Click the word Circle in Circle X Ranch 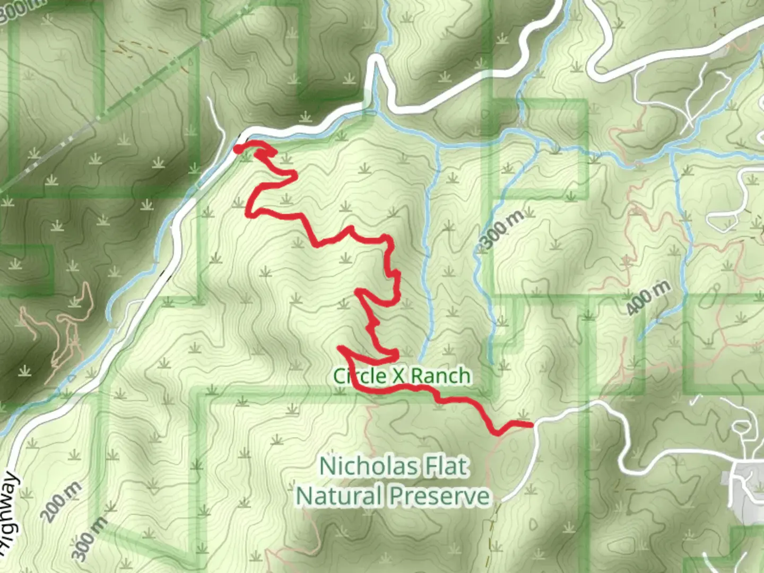pos(360,376)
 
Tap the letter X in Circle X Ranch pos(398,376)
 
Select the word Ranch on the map pos(440,376)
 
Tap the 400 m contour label pos(648,298)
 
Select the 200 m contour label pos(62,501)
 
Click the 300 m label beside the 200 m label pos(90,539)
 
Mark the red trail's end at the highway pos(238,149)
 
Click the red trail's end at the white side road pos(531,424)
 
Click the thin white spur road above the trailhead pos(216,114)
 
